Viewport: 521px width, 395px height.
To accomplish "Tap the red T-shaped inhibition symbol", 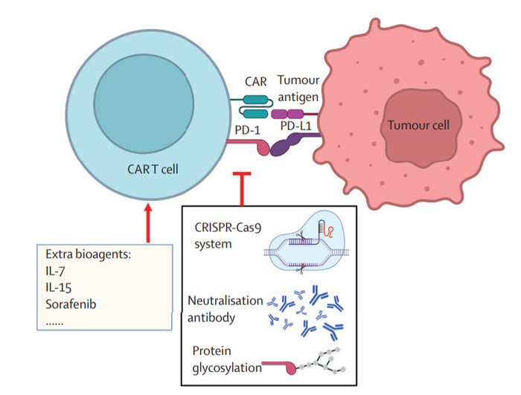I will [x=241, y=186].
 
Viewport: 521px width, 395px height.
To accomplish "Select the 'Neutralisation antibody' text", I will [x=223, y=309].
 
